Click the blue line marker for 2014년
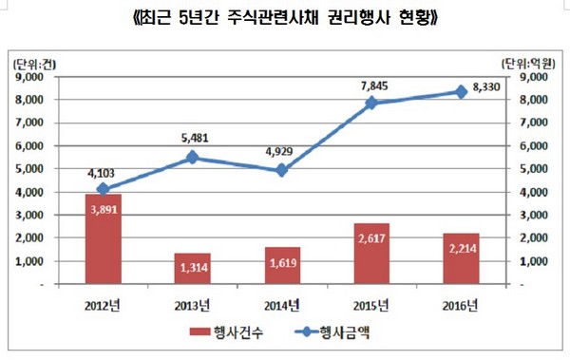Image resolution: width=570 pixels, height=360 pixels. [x=281, y=170]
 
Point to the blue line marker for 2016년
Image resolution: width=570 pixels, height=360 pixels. [x=462, y=91]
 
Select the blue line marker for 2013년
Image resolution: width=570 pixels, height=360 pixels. [x=191, y=158]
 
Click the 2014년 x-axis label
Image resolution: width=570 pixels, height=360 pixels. [x=281, y=304]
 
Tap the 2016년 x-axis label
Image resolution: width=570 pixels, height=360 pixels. [x=462, y=304]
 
